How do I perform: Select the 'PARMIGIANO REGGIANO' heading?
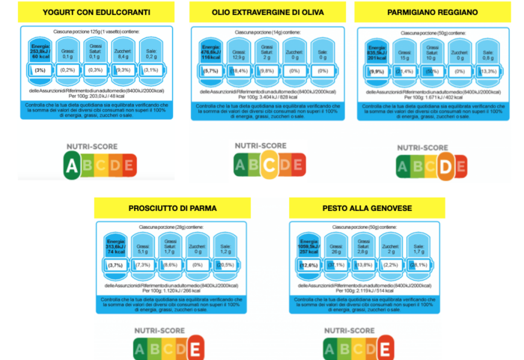point(433,13)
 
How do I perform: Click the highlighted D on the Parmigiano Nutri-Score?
point(447,167)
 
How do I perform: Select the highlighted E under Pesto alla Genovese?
point(385,348)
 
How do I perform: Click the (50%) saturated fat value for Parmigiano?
point(431,71)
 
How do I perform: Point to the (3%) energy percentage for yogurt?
point(40,70)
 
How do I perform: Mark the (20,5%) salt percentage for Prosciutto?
point(223,265)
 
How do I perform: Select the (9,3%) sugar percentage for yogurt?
point(123,70)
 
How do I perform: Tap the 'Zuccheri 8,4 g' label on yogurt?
point(123,52)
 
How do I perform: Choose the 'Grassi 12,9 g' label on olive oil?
point(240,52)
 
